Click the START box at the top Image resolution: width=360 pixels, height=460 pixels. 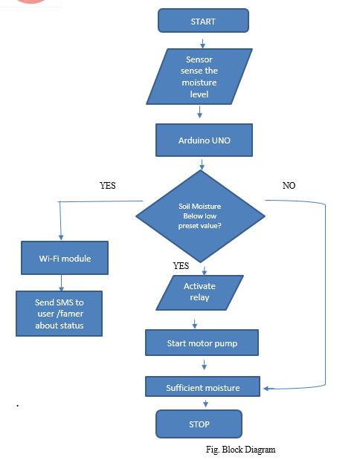[x=203, y=21]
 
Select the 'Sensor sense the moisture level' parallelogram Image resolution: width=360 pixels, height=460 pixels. [x=199, y=77]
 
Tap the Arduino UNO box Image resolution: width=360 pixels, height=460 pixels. [x=204, y=140]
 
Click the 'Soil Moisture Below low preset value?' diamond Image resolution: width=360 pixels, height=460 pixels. [x=200, y=216]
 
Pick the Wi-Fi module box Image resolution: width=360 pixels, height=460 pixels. [x=65, y=258]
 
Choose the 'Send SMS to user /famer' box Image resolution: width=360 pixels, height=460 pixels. [x=59, y=314]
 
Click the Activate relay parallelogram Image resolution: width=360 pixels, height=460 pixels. [x=199, y=293]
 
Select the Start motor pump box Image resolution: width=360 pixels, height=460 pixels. [x=202, y=343]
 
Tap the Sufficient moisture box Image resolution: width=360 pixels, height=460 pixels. [x=202, y=386]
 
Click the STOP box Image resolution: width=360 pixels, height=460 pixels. [x=199, y=424]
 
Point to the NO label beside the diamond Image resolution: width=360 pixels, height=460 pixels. [x=289, y=185]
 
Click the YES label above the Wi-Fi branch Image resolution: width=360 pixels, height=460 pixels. [x=107, y=185]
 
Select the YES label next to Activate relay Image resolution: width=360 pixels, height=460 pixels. [x=181, y=266]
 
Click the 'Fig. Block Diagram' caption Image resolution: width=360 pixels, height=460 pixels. [x=240, y=450]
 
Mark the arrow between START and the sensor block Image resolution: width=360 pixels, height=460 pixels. [x=202, y=43]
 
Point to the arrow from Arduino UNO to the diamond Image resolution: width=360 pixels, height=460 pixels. [x=202, y=164]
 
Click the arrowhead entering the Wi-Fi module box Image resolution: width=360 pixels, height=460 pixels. [x=61, y=237]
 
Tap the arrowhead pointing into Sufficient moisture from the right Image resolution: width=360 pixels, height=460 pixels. [x=266, y=389]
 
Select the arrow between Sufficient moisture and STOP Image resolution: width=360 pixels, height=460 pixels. [x=205, y=404]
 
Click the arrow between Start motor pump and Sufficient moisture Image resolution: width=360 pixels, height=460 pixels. [x=204, y=365]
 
